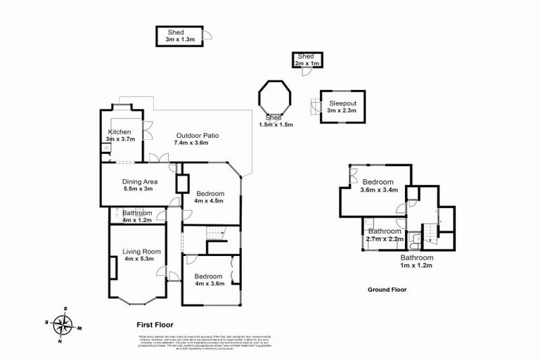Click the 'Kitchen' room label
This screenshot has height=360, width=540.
(x=119, y=132)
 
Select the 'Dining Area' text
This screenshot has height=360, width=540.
(x=139, y=181)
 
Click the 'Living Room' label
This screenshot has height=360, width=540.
(x=141, y=252)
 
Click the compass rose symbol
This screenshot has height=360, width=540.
(x=64, y=325)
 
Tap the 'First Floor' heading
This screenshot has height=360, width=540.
(x=154, y=325)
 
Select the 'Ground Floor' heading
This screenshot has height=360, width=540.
(x=387, y=290)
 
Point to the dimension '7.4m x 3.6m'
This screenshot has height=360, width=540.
(x=191, y=143)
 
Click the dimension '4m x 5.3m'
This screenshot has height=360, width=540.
(x=141, y=259)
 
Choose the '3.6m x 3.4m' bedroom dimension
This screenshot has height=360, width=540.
(x=379, y=189)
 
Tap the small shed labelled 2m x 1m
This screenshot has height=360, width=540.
(x=307, y=60)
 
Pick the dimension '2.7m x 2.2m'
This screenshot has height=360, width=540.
(x=385, y=239)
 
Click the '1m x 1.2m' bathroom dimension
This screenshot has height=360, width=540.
(x=417, y=266)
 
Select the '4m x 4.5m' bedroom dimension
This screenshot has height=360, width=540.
(x=210, y=202)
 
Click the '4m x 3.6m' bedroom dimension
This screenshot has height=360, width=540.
(x=209, y=283)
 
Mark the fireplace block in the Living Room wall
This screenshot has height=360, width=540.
(x=112, y=269)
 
